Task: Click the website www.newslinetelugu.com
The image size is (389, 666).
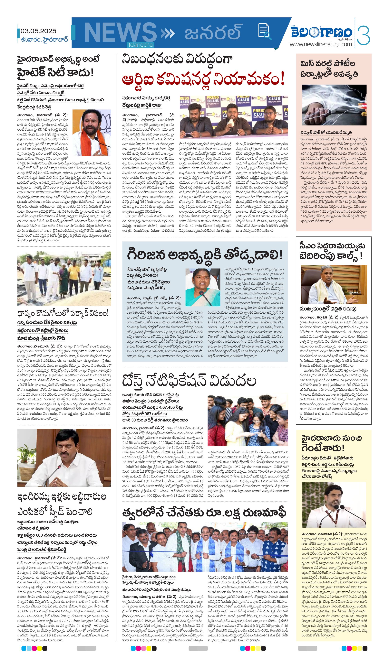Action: [321, 44]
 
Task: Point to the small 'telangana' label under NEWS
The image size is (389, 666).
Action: [141, 45]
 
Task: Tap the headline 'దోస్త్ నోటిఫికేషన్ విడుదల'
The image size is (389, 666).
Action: [189, 381]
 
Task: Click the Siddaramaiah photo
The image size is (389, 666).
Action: [334, 284]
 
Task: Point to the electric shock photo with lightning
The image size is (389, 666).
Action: [334, 105]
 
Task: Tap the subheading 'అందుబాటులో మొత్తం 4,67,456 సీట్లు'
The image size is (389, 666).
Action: [152, 407]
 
